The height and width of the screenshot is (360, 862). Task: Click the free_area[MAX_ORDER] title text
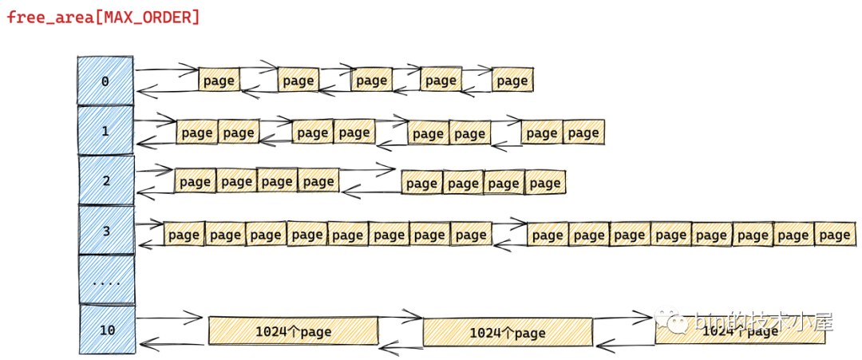[104, 16]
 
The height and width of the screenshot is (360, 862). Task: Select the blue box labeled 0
[105, 81]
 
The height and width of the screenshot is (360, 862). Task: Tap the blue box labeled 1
[105, 131]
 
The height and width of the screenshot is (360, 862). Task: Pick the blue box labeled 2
[106, 180]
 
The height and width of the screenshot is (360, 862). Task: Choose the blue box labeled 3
[106, 231]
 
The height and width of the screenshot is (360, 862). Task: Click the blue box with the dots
[106, 281]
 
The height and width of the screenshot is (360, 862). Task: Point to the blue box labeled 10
[106, 329]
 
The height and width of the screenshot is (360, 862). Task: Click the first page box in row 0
[219, 80]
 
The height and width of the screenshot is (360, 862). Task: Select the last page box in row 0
[512, 80]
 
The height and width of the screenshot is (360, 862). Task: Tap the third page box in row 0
[372, 80]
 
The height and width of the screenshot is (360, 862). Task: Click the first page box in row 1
[196, 133]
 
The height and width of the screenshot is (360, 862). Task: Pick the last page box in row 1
[583, 133]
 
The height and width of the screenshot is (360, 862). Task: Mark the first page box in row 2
[195, 182]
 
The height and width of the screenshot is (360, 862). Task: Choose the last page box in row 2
[545, 183]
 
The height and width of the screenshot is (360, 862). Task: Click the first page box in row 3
[184, 234]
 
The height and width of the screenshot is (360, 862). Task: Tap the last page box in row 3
[835, 235]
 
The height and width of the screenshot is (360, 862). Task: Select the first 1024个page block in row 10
[293, 330]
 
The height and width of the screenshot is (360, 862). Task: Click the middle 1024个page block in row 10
[508, 332]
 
